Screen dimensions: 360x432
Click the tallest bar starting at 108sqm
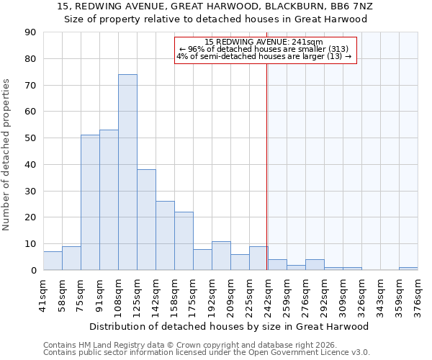click(x=127, y=172)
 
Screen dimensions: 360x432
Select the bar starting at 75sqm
click(x=90, y=202)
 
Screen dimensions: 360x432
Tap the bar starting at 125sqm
click(x=146, y=220)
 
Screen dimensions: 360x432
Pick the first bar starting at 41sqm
click(x=53, y=261)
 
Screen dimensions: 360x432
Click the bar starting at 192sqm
click(x=221, y=256)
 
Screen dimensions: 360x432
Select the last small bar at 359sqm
click(x=408, y=269)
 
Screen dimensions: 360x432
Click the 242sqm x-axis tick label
click(x=269, y=294)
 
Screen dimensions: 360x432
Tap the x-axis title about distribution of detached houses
click(x=230, y=326)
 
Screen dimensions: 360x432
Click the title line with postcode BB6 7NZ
click(x=215, y=6)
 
